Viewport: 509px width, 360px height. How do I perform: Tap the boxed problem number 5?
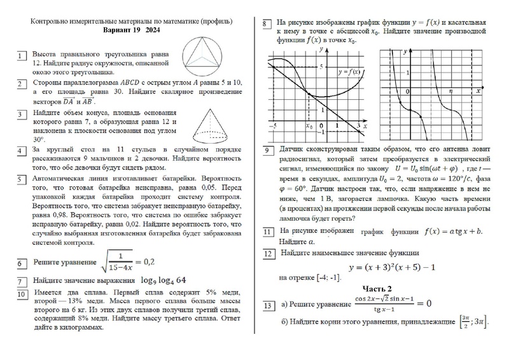[21, 181]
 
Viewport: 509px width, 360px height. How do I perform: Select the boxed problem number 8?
[267, 25]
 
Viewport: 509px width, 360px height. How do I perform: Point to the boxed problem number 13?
[268, 307]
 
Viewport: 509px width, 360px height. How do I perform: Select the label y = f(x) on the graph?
[349, 71]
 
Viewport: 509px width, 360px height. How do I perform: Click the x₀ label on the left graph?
[310, 126]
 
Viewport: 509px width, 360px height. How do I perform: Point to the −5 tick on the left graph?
[272, 127]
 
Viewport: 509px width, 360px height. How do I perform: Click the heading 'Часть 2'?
[377, 289]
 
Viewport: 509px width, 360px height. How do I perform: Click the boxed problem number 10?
[21, 295]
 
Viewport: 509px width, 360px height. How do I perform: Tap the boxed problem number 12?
[268, 253]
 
